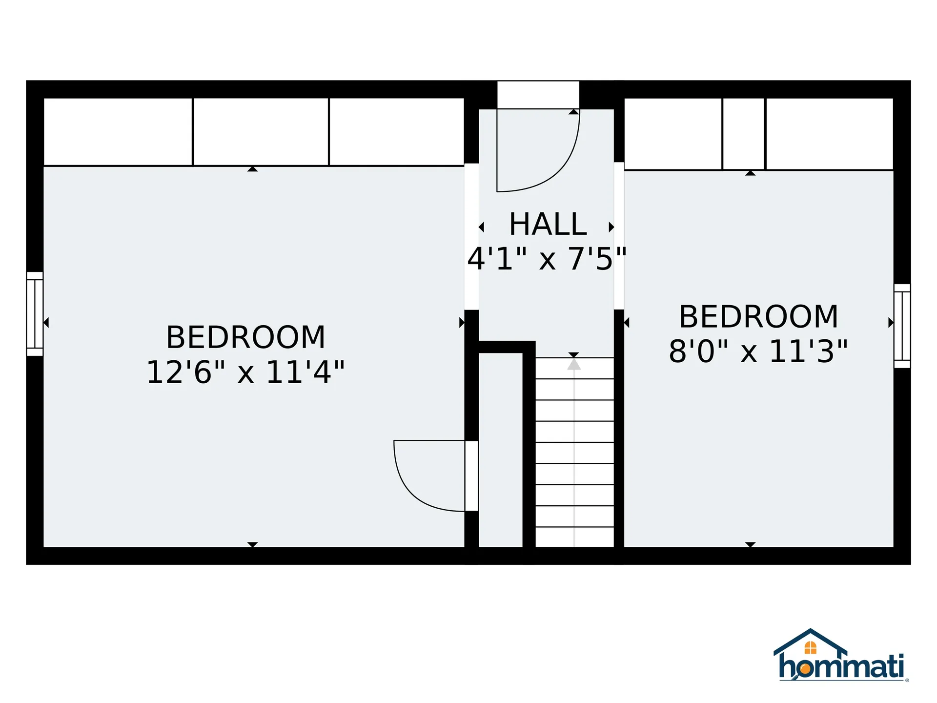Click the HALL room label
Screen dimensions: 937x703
(x=548, y=224)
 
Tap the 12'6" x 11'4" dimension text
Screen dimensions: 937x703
(x=245, y=372)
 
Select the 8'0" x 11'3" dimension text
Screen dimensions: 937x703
(x=758, y=351)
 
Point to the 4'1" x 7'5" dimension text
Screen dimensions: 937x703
(x=547, y=258)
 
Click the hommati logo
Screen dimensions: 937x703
(x=841, y=655)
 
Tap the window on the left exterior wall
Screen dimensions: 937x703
(x=35, y=314)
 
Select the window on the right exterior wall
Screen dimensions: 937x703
(x=902, y=326)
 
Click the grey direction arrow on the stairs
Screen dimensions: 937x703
(x=574, y=364)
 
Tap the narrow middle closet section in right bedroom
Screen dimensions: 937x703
(x=744, y=134)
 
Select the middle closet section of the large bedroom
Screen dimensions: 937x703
(x=261, y=132)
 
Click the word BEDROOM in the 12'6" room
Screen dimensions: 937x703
(x=245, y=337)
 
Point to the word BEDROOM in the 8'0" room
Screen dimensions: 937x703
(x=758, y=316)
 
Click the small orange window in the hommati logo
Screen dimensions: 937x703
(x=810, y=647)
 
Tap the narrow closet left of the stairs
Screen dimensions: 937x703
(x=501, y=450)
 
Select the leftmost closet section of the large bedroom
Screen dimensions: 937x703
(x=118, y=132)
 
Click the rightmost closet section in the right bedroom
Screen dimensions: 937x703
(x=830, y=134)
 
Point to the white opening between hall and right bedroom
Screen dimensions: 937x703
(x=619, y=236)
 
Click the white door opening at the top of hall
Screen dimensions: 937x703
(x=538, y=95)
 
